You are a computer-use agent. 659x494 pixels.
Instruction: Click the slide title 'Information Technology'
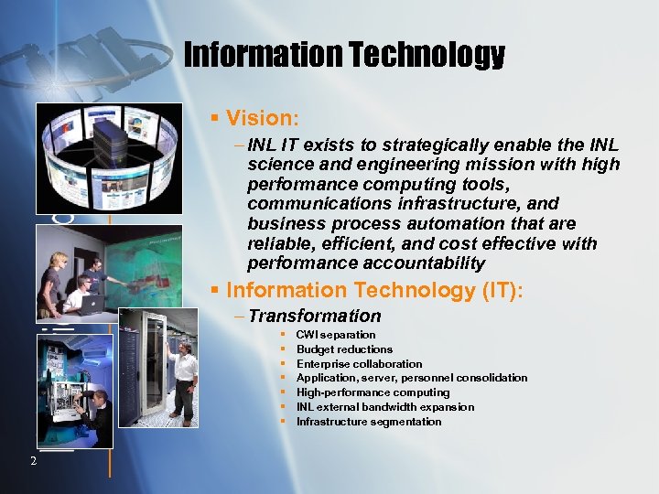click(x=344, y=56)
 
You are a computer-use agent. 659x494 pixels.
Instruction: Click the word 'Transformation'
click(x=314, y=317)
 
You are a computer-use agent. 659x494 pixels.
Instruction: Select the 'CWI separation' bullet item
click(x=335, y=335)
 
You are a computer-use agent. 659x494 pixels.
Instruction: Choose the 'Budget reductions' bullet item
click(x=344, y=349)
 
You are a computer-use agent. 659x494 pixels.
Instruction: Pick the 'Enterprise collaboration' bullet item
click(x=359, y=364)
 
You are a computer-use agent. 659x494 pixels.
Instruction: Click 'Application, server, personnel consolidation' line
click(x=411, y=378)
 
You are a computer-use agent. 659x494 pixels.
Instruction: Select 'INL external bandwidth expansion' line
click(x=384, y=407)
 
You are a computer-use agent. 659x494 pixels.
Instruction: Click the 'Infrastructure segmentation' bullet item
click(x=368, y=422)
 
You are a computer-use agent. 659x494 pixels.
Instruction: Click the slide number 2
click(x=32, y=460)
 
